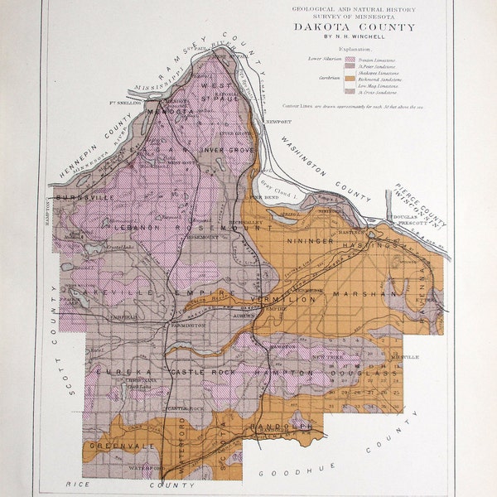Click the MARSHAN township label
pos(367,293)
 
